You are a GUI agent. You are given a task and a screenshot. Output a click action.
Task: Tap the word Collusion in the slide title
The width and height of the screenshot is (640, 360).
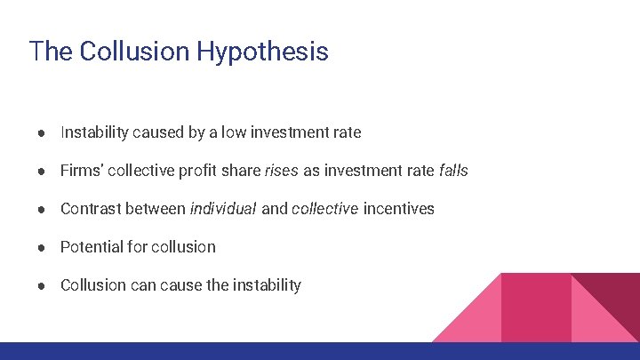click(135, 51)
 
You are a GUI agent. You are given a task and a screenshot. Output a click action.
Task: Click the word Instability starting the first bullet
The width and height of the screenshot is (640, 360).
click(94, 132)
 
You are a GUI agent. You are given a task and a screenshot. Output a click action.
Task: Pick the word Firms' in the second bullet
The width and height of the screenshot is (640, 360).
click(82, 171)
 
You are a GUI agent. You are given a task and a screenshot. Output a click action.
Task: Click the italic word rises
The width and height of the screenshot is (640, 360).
click(282, 171)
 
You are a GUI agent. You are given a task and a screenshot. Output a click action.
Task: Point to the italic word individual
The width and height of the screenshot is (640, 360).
click(223, 209)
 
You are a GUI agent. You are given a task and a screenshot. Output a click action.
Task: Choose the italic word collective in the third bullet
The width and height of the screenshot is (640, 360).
click(323, 209)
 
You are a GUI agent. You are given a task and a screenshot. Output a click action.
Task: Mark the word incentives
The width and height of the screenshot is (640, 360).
click(399, 209)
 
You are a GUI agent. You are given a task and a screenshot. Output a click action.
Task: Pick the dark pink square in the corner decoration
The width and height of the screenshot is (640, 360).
click(536, 307)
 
